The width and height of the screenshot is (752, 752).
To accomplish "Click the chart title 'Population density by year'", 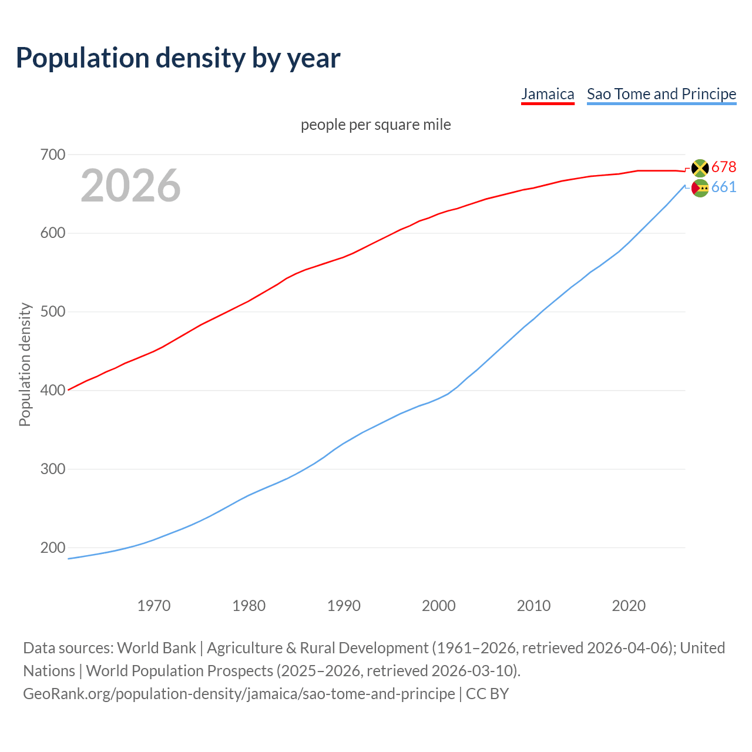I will point(178,58).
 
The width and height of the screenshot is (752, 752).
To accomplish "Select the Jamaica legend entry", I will point(548,94).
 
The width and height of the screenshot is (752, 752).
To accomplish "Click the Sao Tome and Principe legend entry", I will point(662,94).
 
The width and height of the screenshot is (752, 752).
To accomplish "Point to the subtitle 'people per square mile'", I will point(376,125).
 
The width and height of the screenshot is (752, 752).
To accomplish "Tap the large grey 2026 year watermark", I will point(130,186).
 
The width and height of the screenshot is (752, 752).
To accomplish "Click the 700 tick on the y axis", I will point(52,155).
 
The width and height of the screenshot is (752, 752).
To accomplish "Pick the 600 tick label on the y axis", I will point(52,233).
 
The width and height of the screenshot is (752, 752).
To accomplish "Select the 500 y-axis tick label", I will point(52,312).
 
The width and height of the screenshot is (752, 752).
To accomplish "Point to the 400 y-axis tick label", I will point(52,391).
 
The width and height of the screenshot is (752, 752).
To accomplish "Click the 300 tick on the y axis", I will point(52,469).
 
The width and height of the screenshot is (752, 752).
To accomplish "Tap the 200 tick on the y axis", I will point(52,548).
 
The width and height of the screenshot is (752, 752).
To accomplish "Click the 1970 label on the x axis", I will point(154,606).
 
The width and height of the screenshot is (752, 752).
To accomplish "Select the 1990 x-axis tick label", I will point(344,606).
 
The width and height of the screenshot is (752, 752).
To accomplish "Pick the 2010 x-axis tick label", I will point(533,606).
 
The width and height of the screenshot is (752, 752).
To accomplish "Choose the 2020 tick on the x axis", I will point(629,606).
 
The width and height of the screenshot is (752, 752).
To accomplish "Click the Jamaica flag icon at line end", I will point(700,168).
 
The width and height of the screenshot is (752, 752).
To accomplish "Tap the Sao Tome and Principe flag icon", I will point(700,188).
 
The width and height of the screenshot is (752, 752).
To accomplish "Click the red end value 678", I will point(724,167).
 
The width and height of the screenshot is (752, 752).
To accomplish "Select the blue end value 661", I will point(724,187).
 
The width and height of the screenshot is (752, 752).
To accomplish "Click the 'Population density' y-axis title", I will point(25,364).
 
